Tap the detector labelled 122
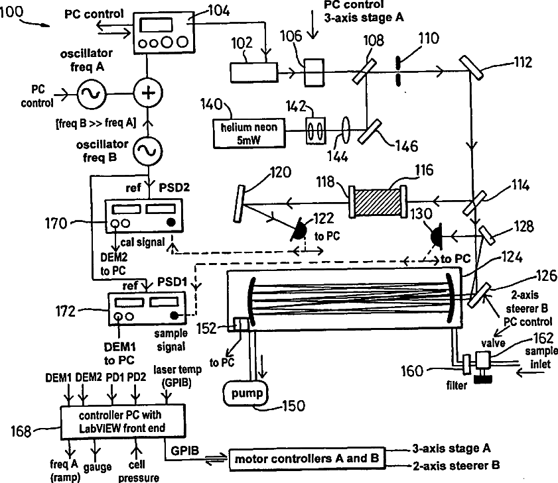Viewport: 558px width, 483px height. [x=300, y=229]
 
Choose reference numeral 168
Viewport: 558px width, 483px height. [x=21, y=433]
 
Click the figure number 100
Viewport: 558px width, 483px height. [x=16, y=11]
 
